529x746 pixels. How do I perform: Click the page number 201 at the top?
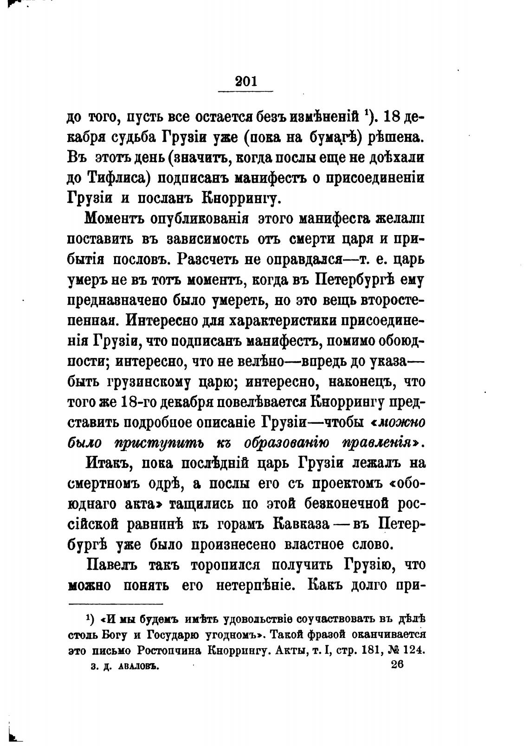coord(246,82)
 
